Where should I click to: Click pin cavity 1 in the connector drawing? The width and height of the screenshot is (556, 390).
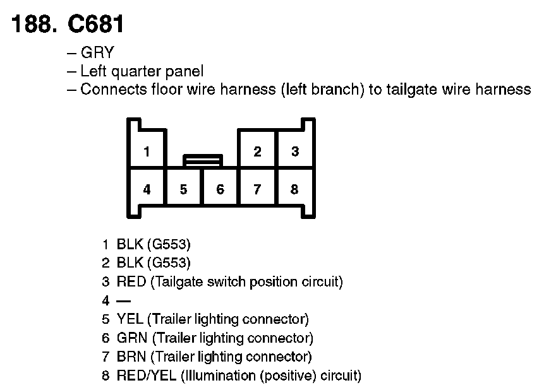coord(147,151)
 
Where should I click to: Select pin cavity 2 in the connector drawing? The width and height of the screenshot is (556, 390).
coord(257,151)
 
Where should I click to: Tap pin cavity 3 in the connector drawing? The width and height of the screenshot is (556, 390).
coord(294,151)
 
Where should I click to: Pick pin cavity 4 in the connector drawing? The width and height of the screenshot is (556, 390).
coord(147,189)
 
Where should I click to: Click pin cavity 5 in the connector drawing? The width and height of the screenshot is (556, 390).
coord(183,189)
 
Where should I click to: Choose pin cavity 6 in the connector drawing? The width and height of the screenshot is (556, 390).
coord(220,189)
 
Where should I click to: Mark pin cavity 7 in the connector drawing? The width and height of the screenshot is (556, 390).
coord(257,189)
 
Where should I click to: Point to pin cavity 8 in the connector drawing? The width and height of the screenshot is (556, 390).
coord(294,189)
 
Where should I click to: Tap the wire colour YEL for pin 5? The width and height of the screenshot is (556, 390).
coord(130,319)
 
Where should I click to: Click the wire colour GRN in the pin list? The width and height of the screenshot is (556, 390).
coord(131,338)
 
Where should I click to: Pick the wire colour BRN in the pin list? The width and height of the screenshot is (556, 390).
coord(131,357)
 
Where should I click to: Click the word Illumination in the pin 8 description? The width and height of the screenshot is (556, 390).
coord(216,376)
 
